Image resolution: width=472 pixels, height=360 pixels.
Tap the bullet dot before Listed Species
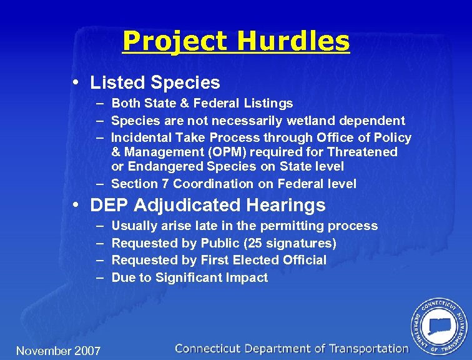point(75,82)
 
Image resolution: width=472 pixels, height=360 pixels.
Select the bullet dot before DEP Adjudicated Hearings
point(75,205)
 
